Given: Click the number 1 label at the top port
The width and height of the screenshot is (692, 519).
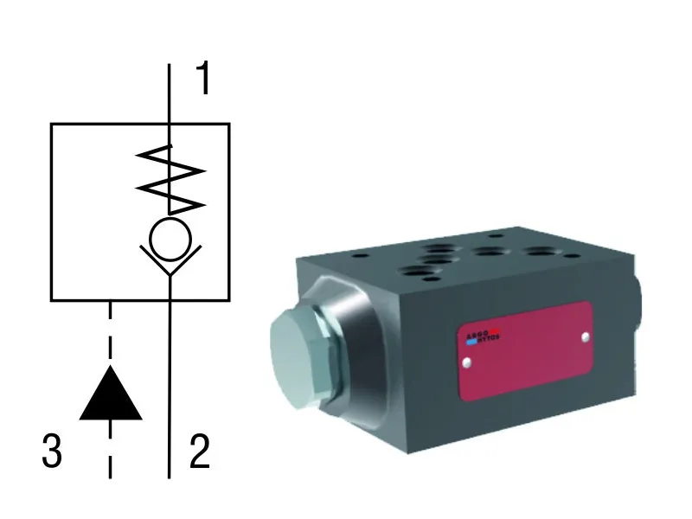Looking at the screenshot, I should (203, 80).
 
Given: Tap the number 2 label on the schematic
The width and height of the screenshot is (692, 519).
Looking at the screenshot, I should (200, 452).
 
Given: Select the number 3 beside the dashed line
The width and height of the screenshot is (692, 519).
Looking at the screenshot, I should (53, 452).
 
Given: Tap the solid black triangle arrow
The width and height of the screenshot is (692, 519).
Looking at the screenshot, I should (110, 395).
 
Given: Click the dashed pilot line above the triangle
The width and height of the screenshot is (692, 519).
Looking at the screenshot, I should (110, 333).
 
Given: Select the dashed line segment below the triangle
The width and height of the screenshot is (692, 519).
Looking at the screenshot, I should (110, 450).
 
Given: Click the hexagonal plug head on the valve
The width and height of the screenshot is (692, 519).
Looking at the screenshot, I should (294, 358).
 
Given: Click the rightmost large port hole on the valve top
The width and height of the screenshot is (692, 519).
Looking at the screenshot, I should (543, 253).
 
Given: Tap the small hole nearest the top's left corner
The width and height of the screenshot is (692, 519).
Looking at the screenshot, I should (356, 257).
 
